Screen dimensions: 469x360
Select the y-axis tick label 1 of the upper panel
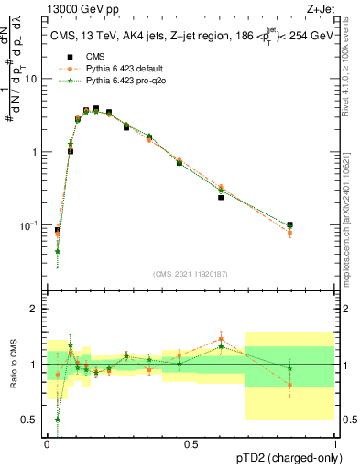pyautogui.click(x=35, y=152)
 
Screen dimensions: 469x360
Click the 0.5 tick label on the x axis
pyautogui.click(x=191, y=443)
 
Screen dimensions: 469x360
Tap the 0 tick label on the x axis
pyautogui.click(x=47, y=443)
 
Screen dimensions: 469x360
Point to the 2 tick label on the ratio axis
pyautogui.click(x=35, y=310)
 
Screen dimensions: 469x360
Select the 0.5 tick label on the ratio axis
pyautogui.click(x=30, y=420)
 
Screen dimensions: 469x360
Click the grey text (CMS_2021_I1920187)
pyautogui.click(x=191, y=273)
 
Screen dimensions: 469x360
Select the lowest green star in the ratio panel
pyautogui.click(x=58, y=420)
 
